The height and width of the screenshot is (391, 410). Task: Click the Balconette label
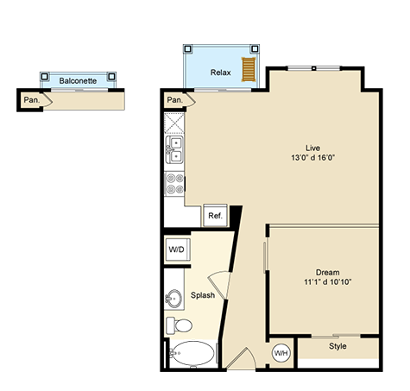coord(78,81)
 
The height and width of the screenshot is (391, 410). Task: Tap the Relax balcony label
coord(220,73)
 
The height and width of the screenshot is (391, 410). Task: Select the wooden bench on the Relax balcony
coord(249,69)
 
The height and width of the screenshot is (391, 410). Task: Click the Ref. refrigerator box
coord(215,216)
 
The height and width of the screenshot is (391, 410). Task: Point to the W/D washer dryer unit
coord(177,249)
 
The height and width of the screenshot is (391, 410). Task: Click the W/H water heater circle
coord(281,353)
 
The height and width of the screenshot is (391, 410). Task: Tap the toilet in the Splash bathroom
coord(179,325)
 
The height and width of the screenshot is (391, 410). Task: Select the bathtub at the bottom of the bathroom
coord(193,353)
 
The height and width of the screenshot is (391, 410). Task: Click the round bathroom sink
coord(173,299)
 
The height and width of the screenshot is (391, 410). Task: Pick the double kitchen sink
coord(174,149)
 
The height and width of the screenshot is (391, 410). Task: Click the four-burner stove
coord(174,184)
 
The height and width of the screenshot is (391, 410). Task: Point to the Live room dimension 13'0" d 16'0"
coord(313,158)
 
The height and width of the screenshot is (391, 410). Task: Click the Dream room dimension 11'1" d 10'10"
coord(328,282)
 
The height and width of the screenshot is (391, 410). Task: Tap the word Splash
coord(203,295)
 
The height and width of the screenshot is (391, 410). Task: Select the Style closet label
coord(337,346)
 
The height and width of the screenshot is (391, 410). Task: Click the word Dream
coord(328,272)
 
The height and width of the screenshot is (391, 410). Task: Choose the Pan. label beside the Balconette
coord(32,100)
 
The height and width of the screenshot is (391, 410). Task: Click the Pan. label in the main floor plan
coord(175,100)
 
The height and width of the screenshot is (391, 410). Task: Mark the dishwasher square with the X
coord(174,123)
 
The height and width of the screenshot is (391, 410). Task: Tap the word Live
coord(313,148)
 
